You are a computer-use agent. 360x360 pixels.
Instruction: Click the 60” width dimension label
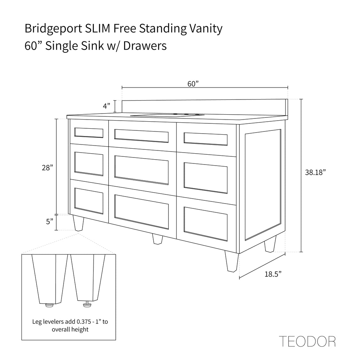(193, 84)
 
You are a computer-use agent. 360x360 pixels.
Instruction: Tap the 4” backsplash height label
(107, 106)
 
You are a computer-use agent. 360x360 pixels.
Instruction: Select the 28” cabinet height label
(47, 168)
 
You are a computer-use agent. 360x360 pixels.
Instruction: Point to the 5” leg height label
(50, 221)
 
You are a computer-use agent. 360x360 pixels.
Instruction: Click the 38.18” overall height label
(315, 172)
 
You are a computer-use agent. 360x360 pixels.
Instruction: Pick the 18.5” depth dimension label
(273, 274)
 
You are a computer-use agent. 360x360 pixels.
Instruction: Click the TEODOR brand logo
(307, 341)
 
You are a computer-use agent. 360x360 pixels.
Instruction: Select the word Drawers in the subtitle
(145, 46)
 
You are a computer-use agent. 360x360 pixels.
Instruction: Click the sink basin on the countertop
(167, 115)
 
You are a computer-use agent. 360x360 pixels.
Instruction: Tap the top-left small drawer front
(89, 133)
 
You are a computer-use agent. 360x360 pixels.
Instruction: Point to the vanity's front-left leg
(78, 223)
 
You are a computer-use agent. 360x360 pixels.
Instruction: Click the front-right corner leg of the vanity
(232, 261)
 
